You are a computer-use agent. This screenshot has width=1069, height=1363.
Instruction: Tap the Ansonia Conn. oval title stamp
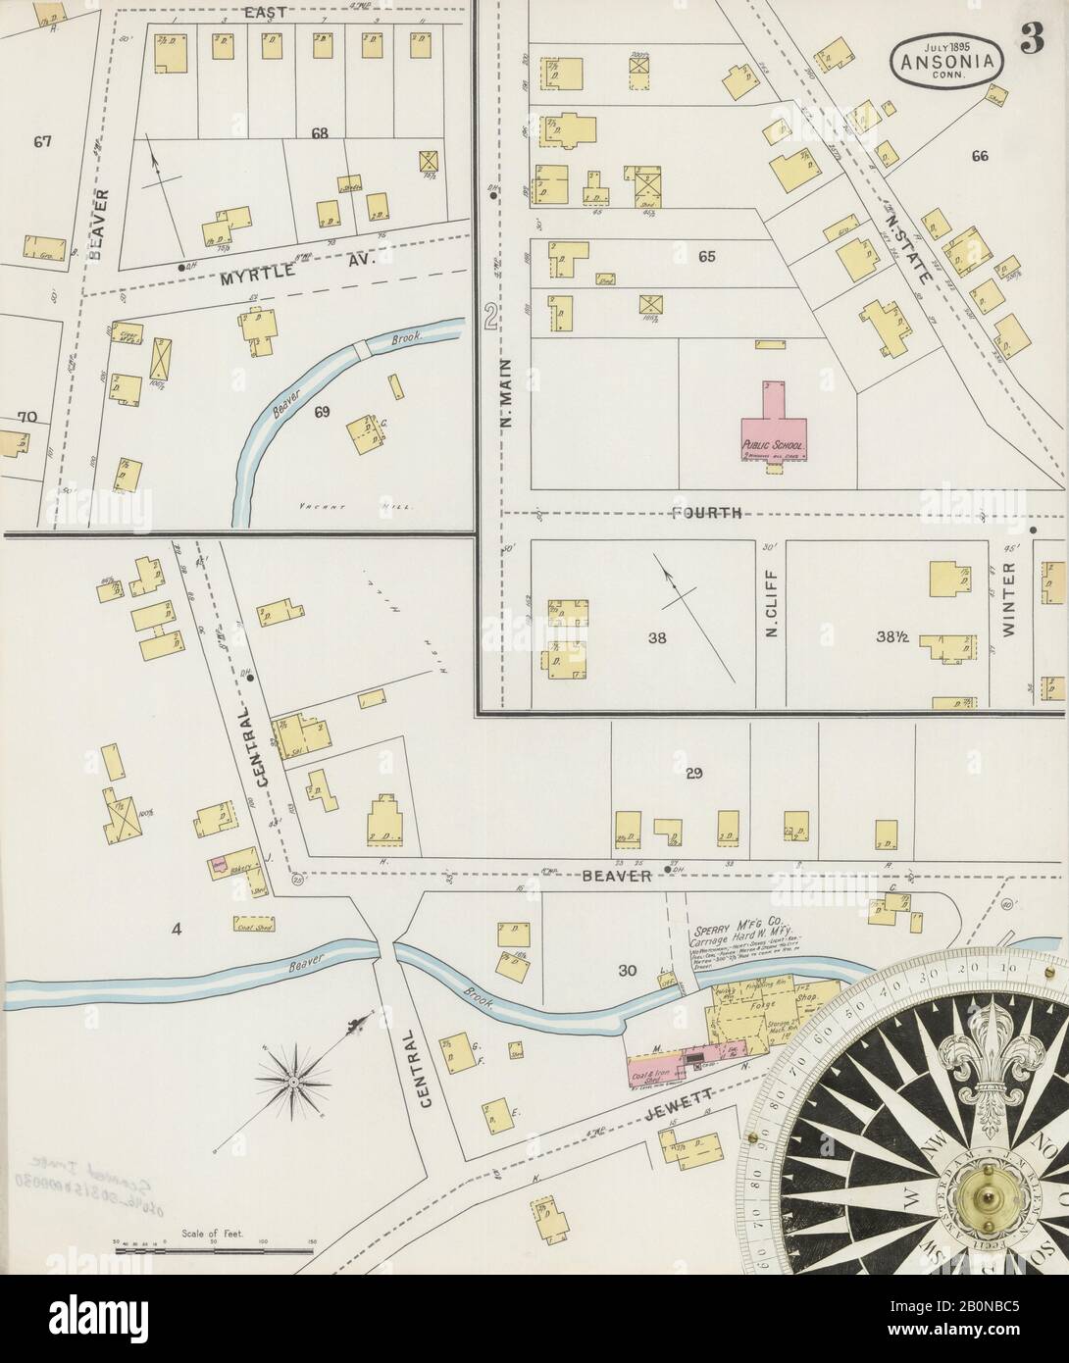(x=939, y=59)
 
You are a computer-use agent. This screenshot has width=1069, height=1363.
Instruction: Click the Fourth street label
(x=706, y=514)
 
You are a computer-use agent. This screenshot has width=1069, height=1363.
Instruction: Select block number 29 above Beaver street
(x=694, y=775)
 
